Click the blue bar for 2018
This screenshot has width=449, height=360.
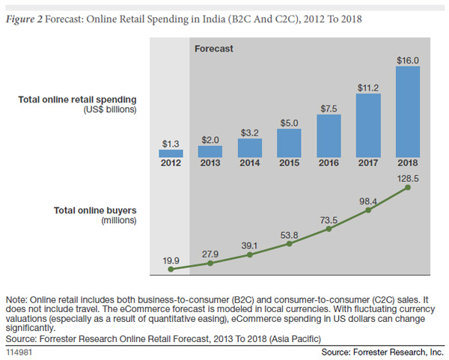(408, 112)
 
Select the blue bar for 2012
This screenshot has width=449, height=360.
(171, 153)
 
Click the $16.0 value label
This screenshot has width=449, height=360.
(408, 59)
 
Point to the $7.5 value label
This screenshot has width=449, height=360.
(328, 108)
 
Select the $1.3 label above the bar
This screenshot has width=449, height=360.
(171, 142)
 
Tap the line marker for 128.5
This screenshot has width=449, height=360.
(408, 188)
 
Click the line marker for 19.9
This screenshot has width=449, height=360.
(171, 268)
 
